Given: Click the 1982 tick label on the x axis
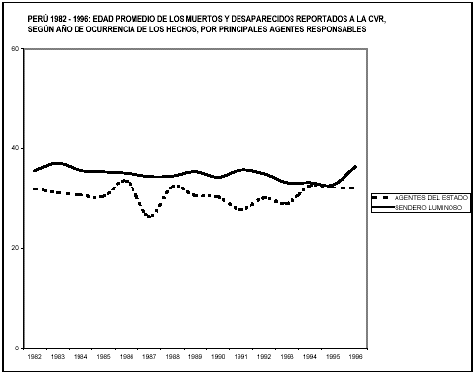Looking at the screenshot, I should tap(35, 359).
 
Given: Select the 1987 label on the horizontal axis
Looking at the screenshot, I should tap(150, 359).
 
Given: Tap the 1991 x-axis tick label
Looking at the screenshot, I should tap(240, 359).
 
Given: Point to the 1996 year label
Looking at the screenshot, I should tap(354, 359).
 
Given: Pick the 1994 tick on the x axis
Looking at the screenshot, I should tap(309, 359).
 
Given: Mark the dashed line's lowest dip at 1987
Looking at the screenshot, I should tap(150, 216).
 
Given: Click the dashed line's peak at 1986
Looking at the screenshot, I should tap(125, 181).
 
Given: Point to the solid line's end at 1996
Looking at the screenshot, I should tap(355, 166).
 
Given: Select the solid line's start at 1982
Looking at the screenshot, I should tap(35, 171).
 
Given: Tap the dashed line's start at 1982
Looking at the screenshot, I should tap(35, 188).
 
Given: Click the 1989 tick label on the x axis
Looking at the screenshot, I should tap(195, 359).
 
